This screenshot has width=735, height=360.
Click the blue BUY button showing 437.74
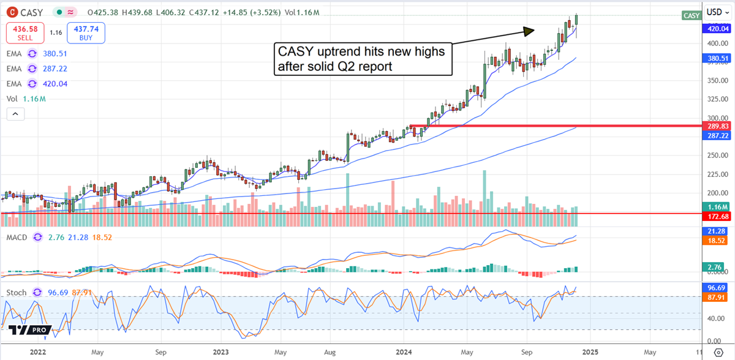pos(86,33)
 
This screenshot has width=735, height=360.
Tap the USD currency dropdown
pos(714,12)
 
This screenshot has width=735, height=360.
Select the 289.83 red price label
pos(717,126)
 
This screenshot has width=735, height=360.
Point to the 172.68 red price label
pos(717,217)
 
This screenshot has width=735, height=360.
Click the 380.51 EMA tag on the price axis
pos(717,59)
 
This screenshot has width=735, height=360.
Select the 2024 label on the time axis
pos(404,353)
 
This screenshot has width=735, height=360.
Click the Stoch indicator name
pos(17,293)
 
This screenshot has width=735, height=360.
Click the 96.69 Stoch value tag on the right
pos(717,287)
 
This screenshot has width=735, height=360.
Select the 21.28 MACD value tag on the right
pos(717,231)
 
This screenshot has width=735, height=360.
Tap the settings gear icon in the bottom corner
pos(720,353)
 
